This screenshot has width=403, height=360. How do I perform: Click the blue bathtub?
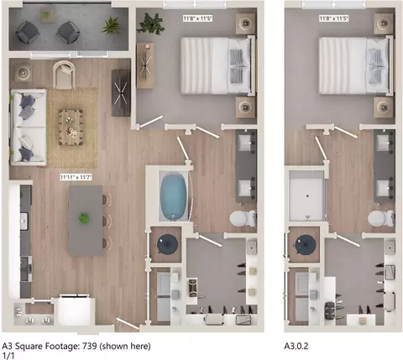tap(174, 196)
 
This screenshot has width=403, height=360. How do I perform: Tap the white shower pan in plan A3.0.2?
tap(307, 199)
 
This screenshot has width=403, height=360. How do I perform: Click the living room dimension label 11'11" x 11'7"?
tap(76, 177)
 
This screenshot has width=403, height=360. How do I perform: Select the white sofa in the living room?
tap(29, 128)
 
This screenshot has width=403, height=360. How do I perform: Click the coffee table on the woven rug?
tap(71, 128)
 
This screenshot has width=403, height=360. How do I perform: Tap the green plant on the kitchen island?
tap(83, 218)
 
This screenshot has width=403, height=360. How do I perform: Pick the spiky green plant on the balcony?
tap(112, 25)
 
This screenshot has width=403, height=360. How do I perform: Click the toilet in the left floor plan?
tap(243, 218)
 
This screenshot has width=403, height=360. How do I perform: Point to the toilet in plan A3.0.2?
tap(381, 218)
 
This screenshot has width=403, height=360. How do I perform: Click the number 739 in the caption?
tap(90, 346)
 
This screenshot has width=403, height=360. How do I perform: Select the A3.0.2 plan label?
tap(296, 346)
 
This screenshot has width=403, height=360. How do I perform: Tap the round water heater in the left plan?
tap(167, 245)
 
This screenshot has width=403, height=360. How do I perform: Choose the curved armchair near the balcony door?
tap(64, 75)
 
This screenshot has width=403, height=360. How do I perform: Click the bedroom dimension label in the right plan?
tap(334, 18)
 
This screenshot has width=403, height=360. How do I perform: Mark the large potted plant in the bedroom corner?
tap(151, 23)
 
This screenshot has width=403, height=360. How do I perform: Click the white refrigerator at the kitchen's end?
tap(74, 310)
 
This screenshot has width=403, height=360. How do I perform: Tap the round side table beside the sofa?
tap(23, 73)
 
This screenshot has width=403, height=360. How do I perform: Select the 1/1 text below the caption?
tap(8, 356)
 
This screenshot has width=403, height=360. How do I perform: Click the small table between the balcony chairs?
tap(47, 15)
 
